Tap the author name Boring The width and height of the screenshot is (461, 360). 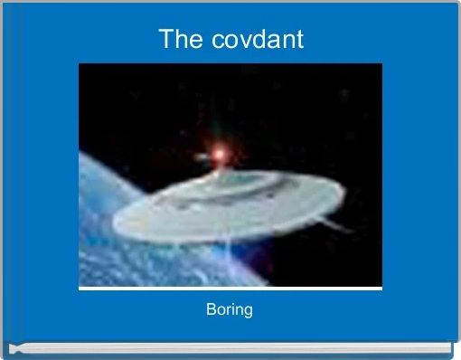point(230,310)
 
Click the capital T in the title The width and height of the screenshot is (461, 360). point(165,40)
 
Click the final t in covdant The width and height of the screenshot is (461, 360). point(299,41)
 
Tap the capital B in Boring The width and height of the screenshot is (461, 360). point(211,310)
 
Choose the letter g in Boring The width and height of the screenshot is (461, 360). point(248,312)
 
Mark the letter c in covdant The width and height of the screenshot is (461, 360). point(209,42)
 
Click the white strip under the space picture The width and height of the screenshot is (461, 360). point(230,288)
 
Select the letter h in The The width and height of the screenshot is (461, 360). point(179,40)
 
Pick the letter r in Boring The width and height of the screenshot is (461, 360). point(229,311)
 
